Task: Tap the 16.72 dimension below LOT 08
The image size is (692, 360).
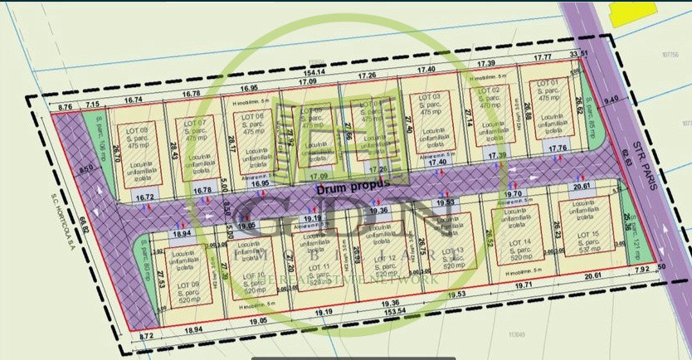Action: coord(145,197)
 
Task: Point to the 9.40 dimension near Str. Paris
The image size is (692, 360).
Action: coord(612,100)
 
